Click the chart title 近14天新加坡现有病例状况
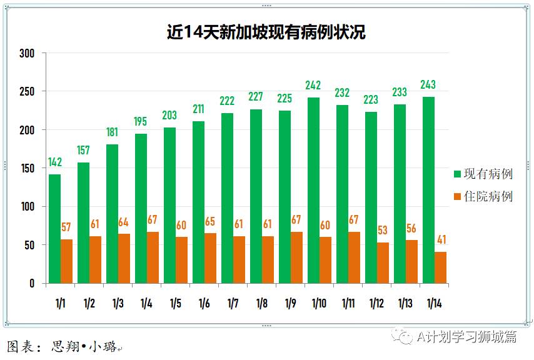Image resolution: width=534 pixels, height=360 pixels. click(x=266, y=31)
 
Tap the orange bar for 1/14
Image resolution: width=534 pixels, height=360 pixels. click(x=440, y=267)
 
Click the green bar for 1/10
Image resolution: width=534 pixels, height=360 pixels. click(x=314, y=191)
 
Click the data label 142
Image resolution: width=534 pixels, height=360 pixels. click(x=55, y=162)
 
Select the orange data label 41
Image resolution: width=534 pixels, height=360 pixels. click(x=440, y=240)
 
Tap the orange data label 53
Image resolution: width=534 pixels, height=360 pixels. click(x=383, y=231)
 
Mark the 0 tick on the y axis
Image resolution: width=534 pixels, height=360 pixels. click(x=32, y=283)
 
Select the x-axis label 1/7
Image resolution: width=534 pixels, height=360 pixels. click(x=233, y=304)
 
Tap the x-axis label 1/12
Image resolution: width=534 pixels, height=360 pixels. click(x=376, y=304)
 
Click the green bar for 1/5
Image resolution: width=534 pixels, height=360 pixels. click(x=170, y=206)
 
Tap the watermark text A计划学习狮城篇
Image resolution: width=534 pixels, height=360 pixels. click(x=466, y=337)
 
